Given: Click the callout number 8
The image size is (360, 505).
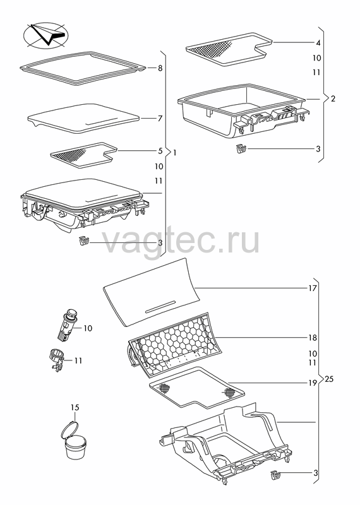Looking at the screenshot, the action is click(x=160, y=68).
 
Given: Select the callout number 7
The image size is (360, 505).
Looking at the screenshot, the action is click(x=160, y=119).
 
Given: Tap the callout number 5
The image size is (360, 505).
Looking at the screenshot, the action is click(x=160, y=150).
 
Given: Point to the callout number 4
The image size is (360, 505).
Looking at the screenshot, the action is click(x=318, y=43).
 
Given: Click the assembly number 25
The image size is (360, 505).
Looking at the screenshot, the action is click(x=329, y=379).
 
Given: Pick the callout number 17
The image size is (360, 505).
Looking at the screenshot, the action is click(x=313, y=288).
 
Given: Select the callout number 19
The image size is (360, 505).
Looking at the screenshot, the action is click(x=313, y=383).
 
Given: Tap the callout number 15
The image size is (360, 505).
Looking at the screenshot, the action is click(x=75, y=407).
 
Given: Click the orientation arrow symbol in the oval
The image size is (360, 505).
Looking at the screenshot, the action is click(x=45, y=35).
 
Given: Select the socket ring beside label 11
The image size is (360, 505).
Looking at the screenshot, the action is click(x=57, y=360).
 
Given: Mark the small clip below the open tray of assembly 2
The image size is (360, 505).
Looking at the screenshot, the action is click(x=241, y=149).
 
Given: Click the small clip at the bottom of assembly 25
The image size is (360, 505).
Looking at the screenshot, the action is click(x=275, y=475).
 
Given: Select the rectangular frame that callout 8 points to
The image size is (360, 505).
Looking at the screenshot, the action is click(x=83, y=68).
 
